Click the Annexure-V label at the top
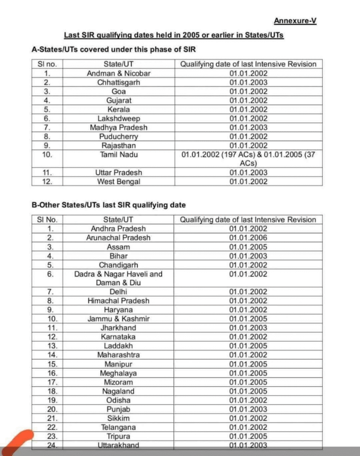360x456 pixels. pyautogui.click(x=295, y=21)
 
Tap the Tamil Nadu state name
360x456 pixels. pyautogui.click(x=118, y=154)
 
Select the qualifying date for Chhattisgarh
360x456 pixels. pyautogui.click(x=248, y=82)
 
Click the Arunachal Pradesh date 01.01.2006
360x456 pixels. pyautogui.click(x=248, y=238)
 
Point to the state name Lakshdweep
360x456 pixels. pyautogui.click(x=118, y=119)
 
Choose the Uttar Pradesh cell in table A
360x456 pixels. pyautogui.click(x=118, y=172)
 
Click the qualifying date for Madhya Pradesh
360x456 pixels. pyautogui.click(x=248, y=127)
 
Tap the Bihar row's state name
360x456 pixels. pyautogui.click(x=118, y=256)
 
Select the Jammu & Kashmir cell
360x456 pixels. pyautogui.click(x=118, y=319)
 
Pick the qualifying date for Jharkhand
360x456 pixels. pyautogui.click(x=248, y=328)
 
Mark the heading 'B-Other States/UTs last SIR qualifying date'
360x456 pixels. pyautogui.click(x=109, y=205)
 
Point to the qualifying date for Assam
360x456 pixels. pyautogui.click(x=248, y=247)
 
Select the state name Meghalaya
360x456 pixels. pyautogui.click(x=118, y=373)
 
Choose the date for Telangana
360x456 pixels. pyautogui.click(x=248, y=427)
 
